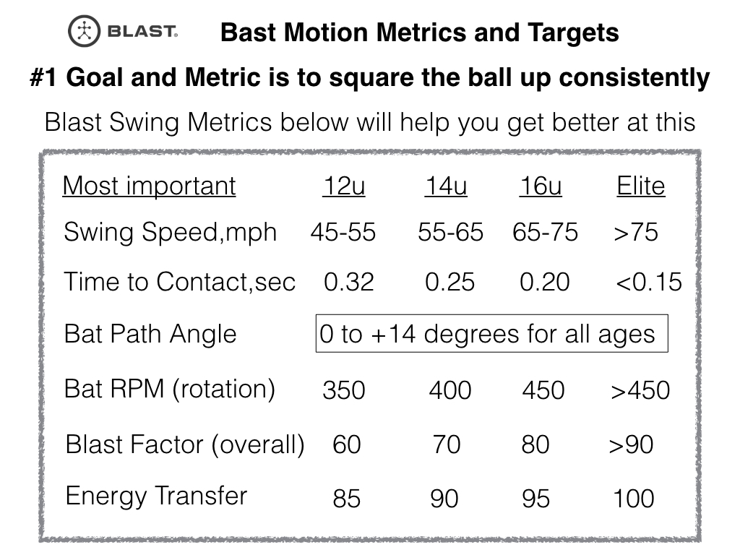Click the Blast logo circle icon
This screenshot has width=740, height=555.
point(85,32)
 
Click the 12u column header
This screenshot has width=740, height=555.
point(343,186)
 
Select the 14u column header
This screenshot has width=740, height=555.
point(446,186)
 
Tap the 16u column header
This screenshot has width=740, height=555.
point(541,186)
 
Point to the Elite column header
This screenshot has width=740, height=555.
point(640,186)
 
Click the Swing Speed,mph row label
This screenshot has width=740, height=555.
point(170,233)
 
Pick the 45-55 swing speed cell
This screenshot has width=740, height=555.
point(343,233)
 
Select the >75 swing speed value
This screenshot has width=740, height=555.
point(636,233)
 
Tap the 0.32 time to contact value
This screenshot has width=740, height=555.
point(349,282)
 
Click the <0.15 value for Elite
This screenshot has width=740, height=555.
point(648,282)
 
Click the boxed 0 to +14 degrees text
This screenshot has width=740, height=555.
point(488,334)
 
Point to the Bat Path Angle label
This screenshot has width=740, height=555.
point(150,334)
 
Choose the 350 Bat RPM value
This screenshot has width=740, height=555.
point(344,391)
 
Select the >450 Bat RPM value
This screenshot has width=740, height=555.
point(640,391)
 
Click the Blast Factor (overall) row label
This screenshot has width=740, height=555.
point(185,444)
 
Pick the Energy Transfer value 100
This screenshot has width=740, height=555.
point(634,499)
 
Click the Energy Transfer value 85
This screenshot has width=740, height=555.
point(347,499)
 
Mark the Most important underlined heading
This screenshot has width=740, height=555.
point(149,186)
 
